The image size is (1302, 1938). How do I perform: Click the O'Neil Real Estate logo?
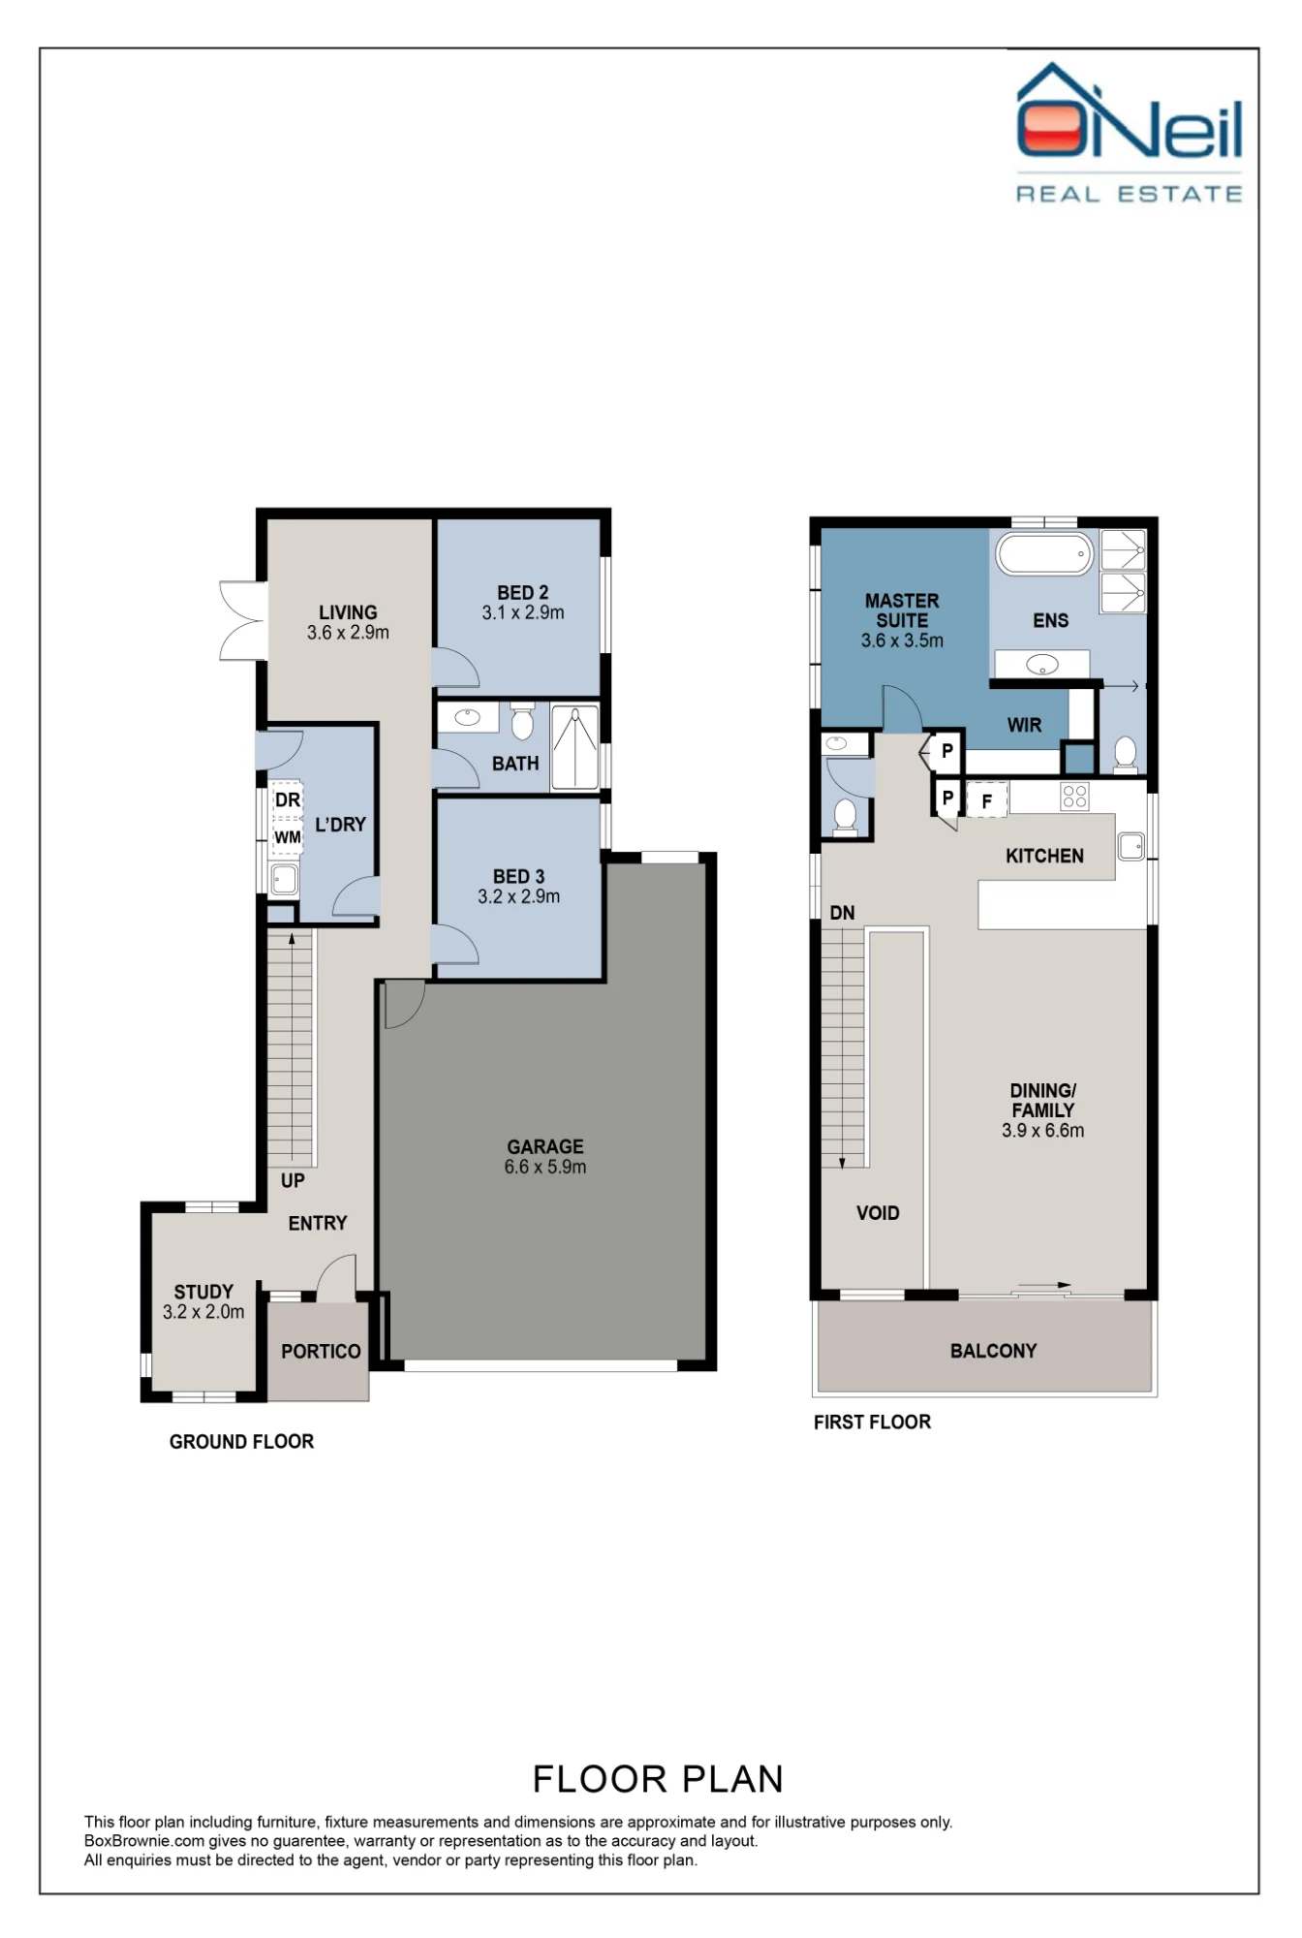tap(1130, 133)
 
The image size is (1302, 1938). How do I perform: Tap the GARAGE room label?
tap(545, 1146)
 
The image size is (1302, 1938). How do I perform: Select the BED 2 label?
tap(523, 592)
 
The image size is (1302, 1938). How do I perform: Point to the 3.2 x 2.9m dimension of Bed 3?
tap(519, 896)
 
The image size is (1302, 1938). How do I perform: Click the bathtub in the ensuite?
tap(1044, 554)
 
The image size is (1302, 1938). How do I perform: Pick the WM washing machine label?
tap(288, 837)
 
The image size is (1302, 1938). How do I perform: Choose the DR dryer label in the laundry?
tap(288, 800)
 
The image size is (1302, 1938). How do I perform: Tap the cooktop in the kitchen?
tap(1075, 797)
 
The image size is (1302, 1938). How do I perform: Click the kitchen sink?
tap(1131, 846)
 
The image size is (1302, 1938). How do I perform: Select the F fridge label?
tap(987, 801)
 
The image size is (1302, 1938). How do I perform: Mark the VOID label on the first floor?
tap(878, 1213)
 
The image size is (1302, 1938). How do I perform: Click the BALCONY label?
tap(994, 1351)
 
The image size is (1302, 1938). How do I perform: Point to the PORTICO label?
tap(321, 1351)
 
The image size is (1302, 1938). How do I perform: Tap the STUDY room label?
tap(203, 1292)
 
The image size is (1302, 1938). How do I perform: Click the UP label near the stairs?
tap(293, 1180)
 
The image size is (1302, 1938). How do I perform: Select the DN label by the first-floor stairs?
tap(843, 913)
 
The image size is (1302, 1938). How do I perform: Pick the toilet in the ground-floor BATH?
tap(522, 720)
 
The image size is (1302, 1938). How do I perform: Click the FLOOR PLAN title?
tap(658, 1779)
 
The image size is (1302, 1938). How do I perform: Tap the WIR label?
tap(1024, 725)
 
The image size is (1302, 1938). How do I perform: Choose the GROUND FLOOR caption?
tap(242, 1442)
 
